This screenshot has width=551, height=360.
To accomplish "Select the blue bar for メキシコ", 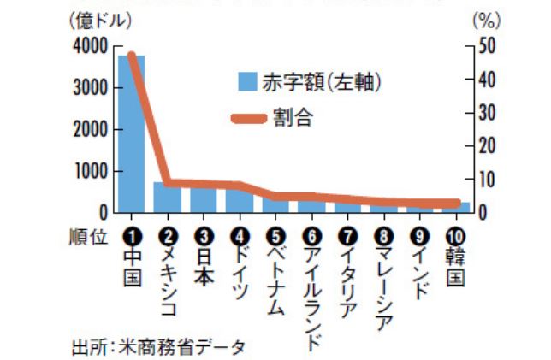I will coord(166,197).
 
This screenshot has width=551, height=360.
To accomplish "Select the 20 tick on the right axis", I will coord(488,146).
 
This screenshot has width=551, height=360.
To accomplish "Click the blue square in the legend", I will coord(248,82).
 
